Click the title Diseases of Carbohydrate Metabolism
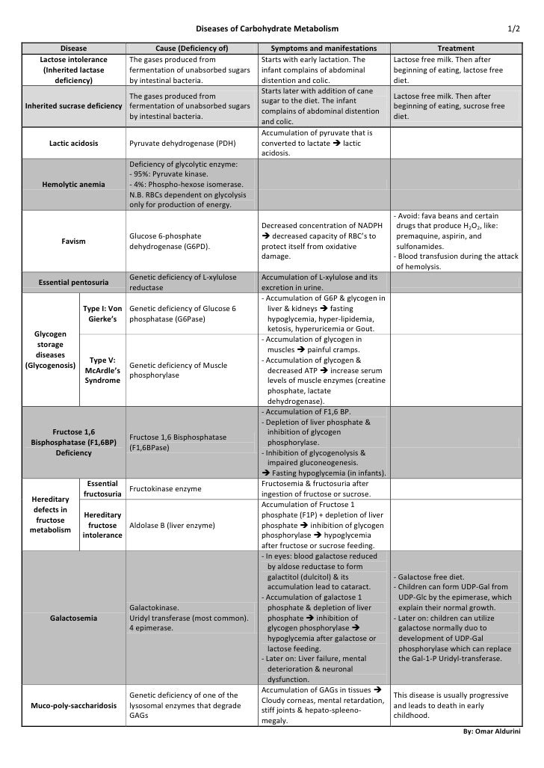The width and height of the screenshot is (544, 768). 266,28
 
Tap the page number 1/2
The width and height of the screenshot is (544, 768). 514,28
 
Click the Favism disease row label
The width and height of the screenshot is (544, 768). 73,242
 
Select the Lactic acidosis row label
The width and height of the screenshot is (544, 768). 73,143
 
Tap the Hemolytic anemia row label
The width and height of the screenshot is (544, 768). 73,184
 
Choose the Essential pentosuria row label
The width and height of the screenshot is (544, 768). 73,283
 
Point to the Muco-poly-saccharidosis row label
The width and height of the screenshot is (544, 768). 73,706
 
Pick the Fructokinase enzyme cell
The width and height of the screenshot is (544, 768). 165,488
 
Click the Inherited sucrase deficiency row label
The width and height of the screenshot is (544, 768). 73,106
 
